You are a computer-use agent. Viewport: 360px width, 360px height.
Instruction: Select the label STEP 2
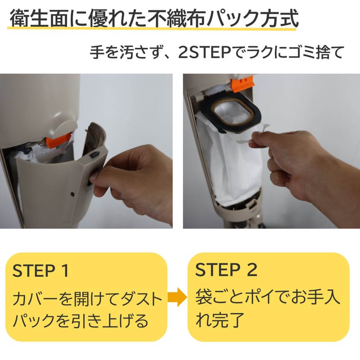(x=226, y=270)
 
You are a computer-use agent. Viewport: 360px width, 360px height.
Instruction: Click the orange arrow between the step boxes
(x=177, y=297)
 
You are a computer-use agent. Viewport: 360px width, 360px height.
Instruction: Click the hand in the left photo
(x=135, y=180)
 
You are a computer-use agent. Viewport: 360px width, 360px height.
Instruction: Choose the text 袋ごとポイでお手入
(x=267, y=297)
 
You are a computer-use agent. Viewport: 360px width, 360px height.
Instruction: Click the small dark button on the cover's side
(x=94, y=155)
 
